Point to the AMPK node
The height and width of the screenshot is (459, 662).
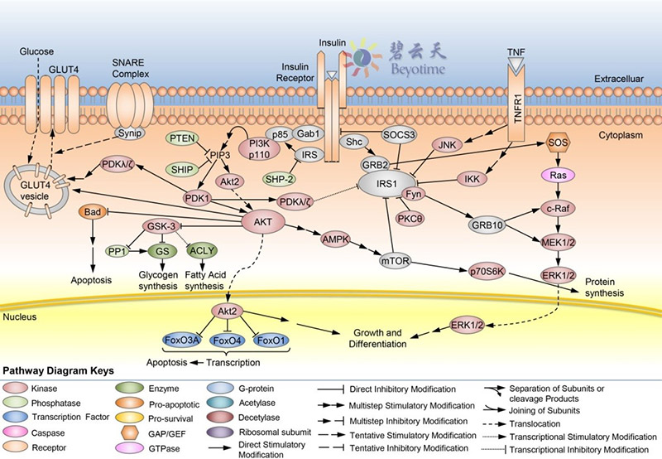tap(335, 238)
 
